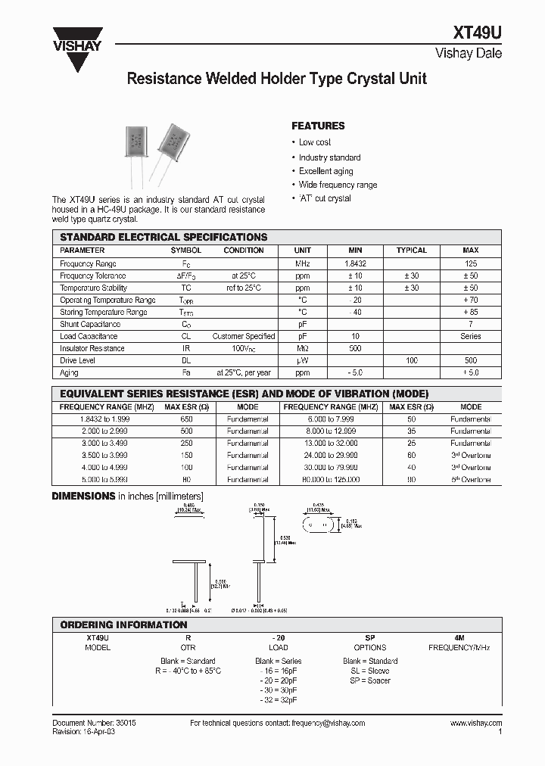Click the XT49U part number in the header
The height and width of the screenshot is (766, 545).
click(x=477, y=33)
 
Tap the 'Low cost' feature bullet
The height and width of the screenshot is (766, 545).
click(x=314, y=142)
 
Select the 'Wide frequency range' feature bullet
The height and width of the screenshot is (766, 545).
click(x=338, y=185)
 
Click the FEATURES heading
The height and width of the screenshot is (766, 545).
click(x=318, y=126)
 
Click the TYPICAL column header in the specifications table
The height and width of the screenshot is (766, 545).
click(x=411, y=251)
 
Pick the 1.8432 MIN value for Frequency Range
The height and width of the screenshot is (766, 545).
click(x=355, y=263)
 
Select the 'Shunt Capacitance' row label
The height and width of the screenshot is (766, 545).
click(x=89, y=324)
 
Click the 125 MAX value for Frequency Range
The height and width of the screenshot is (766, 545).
click(x=470, y=263)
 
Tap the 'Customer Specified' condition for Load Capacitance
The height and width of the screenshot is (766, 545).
click(x=243, y=336)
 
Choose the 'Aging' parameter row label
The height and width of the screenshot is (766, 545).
click(x=69, y=372)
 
